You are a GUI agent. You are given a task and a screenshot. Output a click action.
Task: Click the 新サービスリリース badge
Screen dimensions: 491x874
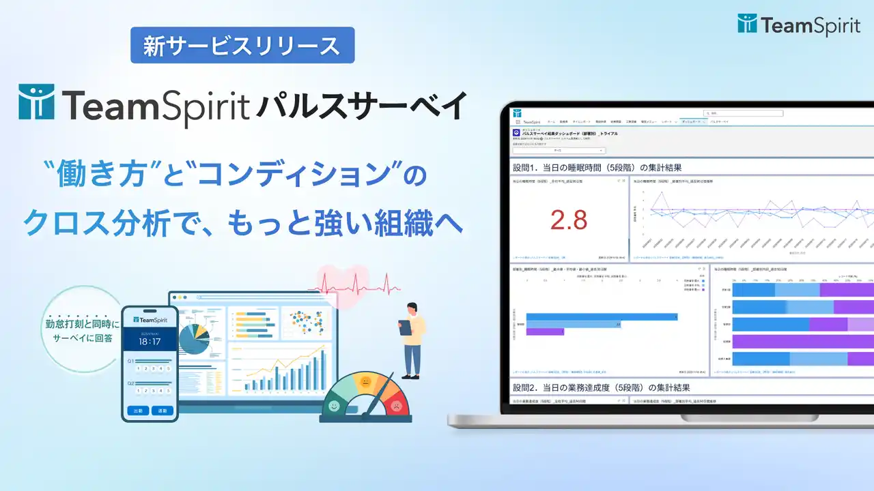click(242, 46)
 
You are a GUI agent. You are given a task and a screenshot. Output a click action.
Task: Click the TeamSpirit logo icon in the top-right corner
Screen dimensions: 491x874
click(747, 24)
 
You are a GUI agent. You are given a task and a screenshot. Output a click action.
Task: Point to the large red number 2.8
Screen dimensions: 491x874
click(569, 220)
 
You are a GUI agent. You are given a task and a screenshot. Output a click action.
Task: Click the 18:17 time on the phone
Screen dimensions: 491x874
click(150, 340)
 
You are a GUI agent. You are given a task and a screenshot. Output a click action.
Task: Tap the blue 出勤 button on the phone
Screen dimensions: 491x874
click(138, 411)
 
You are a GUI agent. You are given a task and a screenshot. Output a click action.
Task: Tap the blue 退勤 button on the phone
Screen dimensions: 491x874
click(163, 411)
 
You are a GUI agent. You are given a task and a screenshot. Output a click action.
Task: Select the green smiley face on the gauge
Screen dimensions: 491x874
click(334, 406)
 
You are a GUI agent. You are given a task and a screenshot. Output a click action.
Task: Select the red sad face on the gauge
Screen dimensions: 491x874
click(395, 406)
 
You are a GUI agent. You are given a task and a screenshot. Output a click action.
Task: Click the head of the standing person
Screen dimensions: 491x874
click(412, 309)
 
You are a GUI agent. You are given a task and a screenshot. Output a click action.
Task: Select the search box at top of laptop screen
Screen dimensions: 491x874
click(751, 113)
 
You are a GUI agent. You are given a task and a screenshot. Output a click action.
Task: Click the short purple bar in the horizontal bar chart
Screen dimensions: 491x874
click(545, 332)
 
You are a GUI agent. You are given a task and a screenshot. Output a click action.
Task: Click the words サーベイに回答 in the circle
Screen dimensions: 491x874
click(80, 337)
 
